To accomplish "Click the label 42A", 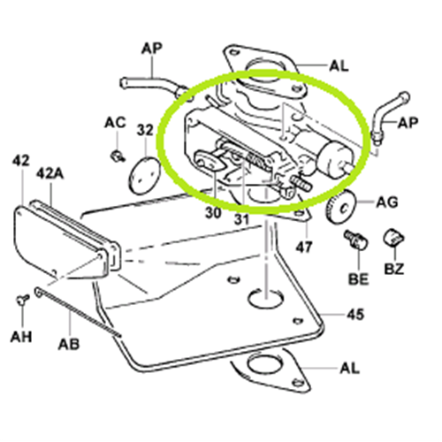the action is tap(50, 174).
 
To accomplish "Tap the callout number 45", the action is tap(355, 315).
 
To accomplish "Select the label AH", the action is tap(21, 337).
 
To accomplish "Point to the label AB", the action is tap(69, 344).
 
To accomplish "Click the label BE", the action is tap(359, 278).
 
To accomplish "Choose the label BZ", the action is tap(394, 269).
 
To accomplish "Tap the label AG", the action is tap(387, 202).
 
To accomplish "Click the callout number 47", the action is tap(304, 247).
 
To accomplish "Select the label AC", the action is tap(115, 122).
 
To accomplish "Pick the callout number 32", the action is tap(145, 130).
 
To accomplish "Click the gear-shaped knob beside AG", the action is tap(342, 208).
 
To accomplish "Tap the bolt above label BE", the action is tap(356, 240).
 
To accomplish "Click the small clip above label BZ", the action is tap(394, 237).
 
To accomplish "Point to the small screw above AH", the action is tap(22, 300).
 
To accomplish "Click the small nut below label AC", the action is tap(118, 156).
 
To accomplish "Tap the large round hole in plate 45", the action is tap(265, 299).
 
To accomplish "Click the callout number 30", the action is tap(213, 212).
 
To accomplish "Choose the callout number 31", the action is tap(241, 219).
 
